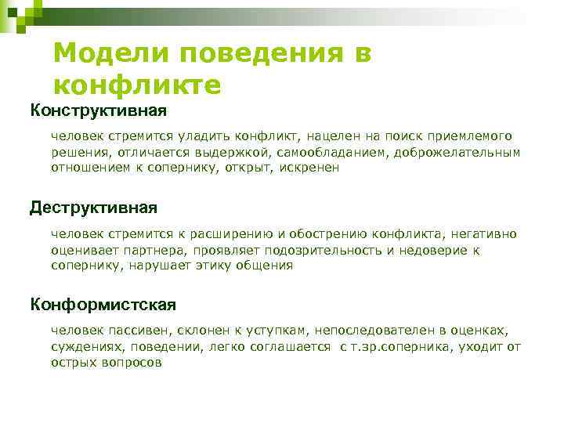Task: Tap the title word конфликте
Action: (x=137, y=83)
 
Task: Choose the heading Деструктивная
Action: (x=93, y=208)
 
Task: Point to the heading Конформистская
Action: (x=103, y=304)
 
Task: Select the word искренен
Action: (x=312, y=167)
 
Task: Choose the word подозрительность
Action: (x=331, y=250)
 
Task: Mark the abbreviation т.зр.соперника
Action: (x=404, y=347)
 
